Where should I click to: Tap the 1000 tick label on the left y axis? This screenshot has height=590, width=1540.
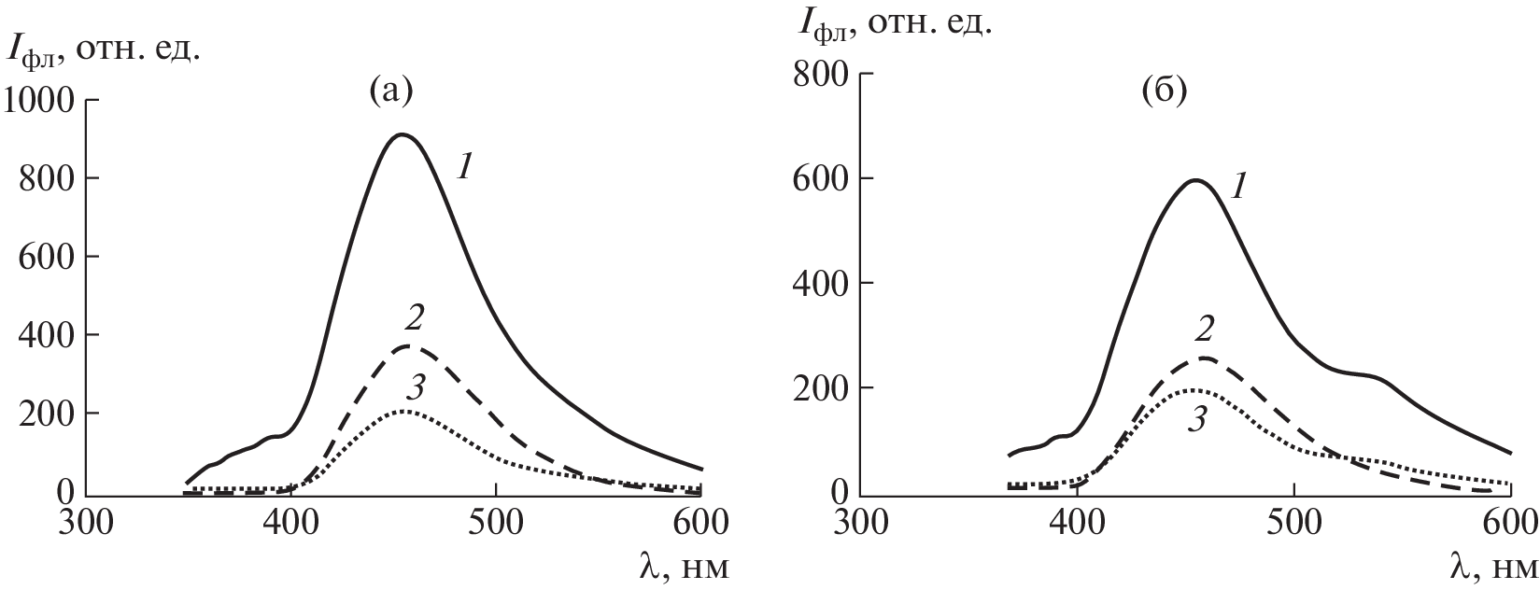39,100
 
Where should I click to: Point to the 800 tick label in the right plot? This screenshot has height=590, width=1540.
822,74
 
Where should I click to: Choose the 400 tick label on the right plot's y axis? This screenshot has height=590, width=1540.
822,283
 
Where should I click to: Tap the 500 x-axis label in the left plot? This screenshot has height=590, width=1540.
496,519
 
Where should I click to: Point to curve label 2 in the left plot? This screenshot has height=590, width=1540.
415,319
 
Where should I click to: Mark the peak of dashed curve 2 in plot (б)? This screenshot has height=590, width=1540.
1205,358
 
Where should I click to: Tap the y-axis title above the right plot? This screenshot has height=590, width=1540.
894,24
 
